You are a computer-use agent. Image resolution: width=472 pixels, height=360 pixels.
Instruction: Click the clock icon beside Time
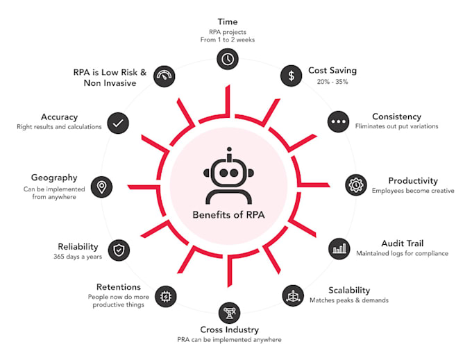point(228,60)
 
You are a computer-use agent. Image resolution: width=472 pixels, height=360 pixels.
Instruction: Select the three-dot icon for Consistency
point(339,121)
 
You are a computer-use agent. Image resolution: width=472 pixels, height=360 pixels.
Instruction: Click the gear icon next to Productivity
point(356,185)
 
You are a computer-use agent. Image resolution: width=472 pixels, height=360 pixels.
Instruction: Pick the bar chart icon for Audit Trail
point(339,248)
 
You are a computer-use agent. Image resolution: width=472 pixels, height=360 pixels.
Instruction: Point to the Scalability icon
point(292,295)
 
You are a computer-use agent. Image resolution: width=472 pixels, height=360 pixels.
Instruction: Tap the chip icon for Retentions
point(165,295)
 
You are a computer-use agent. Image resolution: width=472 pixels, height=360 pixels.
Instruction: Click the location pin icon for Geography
point(102,186)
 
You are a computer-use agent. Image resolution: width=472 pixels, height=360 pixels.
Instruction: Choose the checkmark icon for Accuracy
point(118,123)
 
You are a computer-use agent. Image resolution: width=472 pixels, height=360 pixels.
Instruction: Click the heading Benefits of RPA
point(228,215)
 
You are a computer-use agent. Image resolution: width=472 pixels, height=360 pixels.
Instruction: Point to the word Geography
point(54,178)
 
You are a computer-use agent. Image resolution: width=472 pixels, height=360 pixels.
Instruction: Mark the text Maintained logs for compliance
point(402,254)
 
